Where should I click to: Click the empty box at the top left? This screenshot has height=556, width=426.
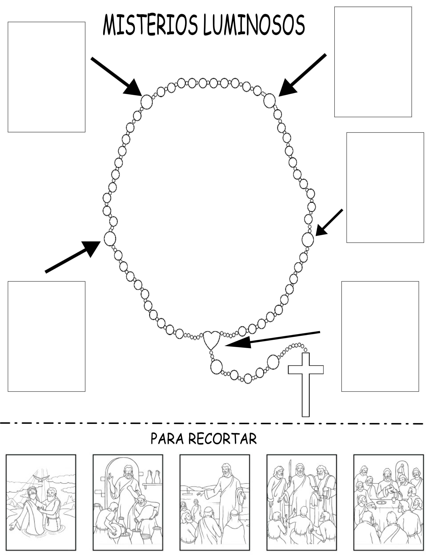[x=46, y=77]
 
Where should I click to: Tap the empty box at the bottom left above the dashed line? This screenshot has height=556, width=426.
[x=46, y=336]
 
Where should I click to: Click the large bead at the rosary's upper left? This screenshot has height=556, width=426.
[x=147, y=102]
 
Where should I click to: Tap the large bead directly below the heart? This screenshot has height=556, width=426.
[x=216, y=366]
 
